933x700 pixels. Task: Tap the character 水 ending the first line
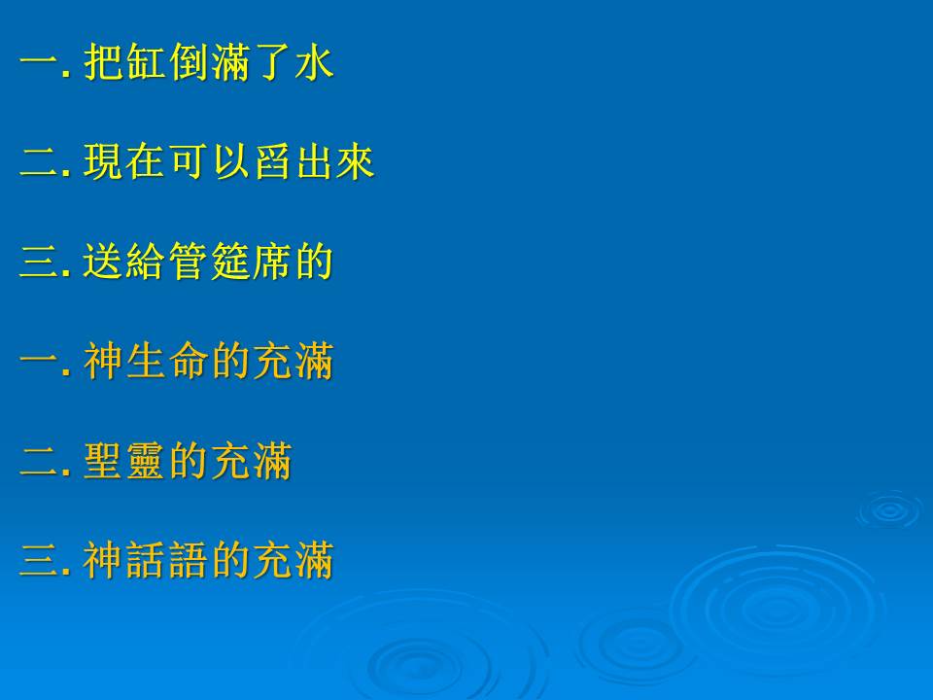pyautogui.click(x=315, y=62)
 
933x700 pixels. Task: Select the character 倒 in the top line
pyautogui.click(x=189, y=62)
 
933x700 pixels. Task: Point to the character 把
pyautogui.click(x=104, y=62)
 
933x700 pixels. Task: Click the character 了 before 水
pyautogui.click(x=272, y=62)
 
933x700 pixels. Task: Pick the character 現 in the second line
pyautogui.click(x=104, y=161)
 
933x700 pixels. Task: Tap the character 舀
pyautogui.click(x=272, y=161)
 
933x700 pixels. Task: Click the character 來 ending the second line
pyautogui.click(x=356, y=161)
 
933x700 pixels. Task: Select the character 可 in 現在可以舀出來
pyautogui.click(x=189, y=161)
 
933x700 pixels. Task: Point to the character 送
pyautogui.click(x=104, y=261)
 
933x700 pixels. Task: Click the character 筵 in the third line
pyautogui.click(x=231, y=261)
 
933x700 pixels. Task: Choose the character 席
pyautogui.click(x=272, y=261)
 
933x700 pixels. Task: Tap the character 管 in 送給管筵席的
pyautogui.click(x=189, y=261)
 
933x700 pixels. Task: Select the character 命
pyautogui.click(x=189, y=361)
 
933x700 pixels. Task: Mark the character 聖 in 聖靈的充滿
pyautogui.click(x=104, y=461)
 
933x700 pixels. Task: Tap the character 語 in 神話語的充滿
pyautogui.click(x=189, y=560)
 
